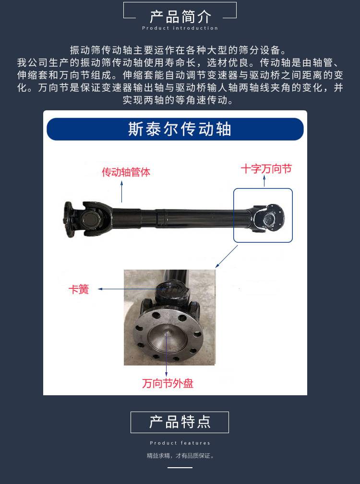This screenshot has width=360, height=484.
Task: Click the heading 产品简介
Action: click(180, 17)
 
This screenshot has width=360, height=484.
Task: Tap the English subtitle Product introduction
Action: click(180, 28)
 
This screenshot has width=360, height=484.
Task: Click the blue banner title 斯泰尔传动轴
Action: click(180, 129)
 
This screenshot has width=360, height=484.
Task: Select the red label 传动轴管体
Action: click(126, 172)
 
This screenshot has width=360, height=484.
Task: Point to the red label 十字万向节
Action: click(266, 169)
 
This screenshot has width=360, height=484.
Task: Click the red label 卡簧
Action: click(79, 289)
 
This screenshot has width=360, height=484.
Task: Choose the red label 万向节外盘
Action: click(168, 383)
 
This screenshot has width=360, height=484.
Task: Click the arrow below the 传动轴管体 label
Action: click(121, 192)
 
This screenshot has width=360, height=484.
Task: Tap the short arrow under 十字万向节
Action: click(264, 181)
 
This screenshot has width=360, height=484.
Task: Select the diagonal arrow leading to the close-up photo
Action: click(226, 257)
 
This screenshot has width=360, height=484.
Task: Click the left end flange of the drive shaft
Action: click(68, 219)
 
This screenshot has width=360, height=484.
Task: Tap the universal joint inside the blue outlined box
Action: click(267, 218)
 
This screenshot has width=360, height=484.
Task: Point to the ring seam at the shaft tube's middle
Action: click(159, 218)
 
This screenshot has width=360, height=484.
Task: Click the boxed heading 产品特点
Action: click(180, 422)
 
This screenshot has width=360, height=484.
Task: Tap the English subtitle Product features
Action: click(180, 443)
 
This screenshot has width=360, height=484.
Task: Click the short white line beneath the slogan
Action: click(180, 467)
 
